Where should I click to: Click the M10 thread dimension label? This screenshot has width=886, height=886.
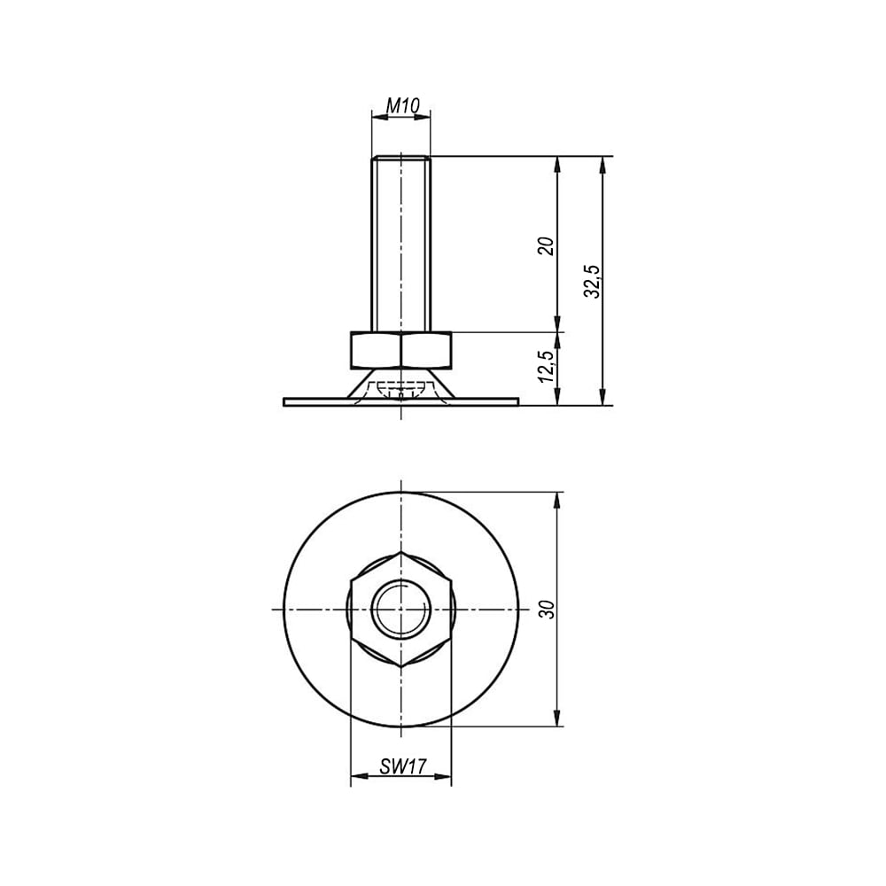pyautogui.click(x=402, y=105)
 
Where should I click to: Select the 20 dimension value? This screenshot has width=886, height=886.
pyautogui.click(x=547, y=246)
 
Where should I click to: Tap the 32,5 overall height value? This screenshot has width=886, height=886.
pyautogui.click(x=593, y=281)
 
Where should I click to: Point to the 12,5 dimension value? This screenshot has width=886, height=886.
pyautogui.click(x=547, y=366)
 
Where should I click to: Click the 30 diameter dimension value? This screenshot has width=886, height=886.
pyautogui.click(x=547, y=610)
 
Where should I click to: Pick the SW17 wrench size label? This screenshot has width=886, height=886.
pyautogui.click(x=403, y=766)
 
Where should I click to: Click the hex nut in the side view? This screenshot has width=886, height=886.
pyautogui.click(x=401, y=350)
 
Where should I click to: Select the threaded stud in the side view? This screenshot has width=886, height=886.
pyautogui.click(x=401, y=244)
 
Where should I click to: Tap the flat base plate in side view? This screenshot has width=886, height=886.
pyautogui.click(x=401, y=401)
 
